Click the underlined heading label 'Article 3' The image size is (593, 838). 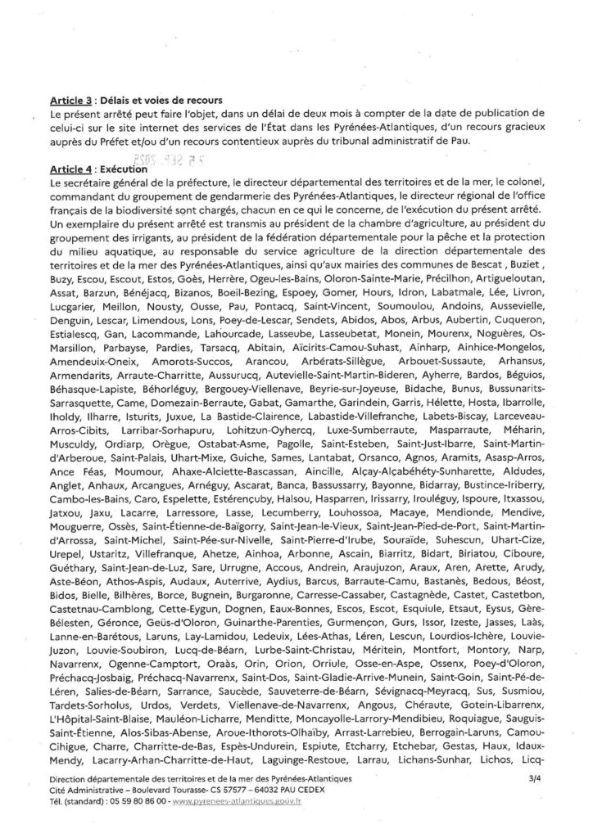pyautogui.click(x=70, y=101)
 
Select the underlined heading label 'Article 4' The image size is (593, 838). pyautogui.click(x=70, y=168)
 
